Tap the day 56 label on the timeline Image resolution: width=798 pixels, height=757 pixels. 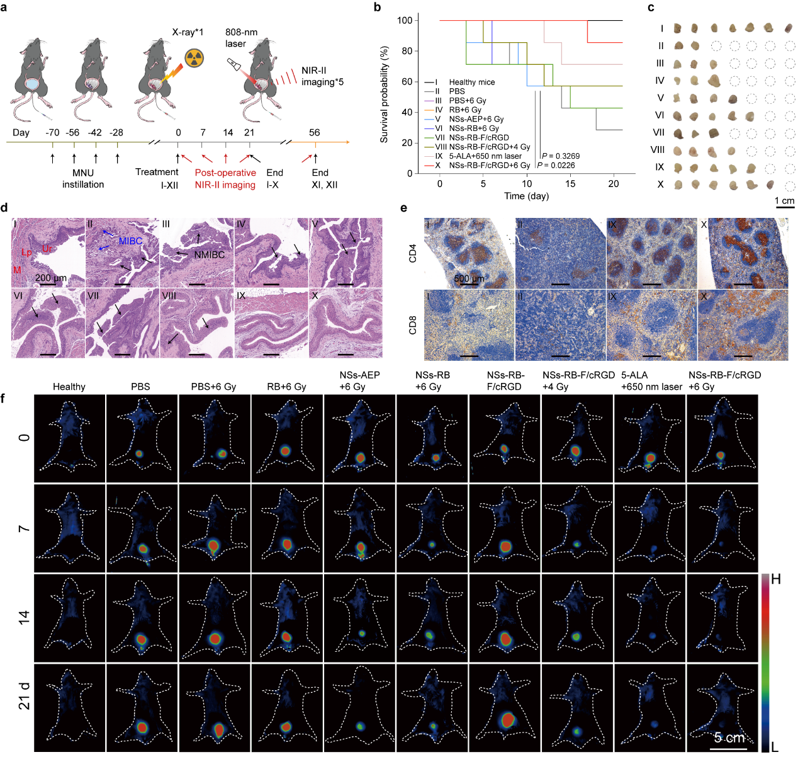coord(314,132)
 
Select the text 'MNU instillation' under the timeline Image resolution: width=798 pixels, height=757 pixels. coord(83,178)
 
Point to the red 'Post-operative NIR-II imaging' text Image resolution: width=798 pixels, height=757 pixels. coord(225,178)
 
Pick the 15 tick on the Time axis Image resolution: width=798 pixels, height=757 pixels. coord(570,183)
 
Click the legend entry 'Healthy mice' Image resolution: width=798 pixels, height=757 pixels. coord(471,82)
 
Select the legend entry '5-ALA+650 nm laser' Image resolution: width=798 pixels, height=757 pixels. coord(485,156)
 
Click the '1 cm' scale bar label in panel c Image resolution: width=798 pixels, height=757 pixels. coord(784,200)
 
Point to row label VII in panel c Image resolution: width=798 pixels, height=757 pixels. coord(658,132)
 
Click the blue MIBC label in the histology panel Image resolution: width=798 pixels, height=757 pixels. coord(130,241)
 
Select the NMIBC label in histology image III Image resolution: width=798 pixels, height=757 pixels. coord(210,254)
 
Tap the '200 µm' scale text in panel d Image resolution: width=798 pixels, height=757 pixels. coord(51,278)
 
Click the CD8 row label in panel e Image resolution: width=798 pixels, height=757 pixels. coord(413,326)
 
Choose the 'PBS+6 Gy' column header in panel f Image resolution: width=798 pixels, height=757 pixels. coord(213,387)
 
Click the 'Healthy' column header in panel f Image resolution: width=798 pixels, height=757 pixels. coord(69,387)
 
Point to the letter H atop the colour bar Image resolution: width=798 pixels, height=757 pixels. coord(776,579)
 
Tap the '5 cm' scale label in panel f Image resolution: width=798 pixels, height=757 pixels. coord(729,737)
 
